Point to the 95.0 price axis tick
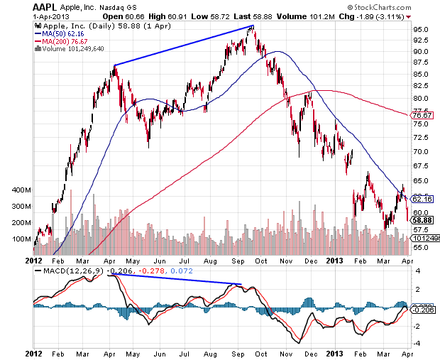click(422, 29)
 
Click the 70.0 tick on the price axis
click(422, 152)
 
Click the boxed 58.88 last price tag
click(423, 221)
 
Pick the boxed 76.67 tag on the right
click(423, 115)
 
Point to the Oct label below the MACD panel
click(261, 353)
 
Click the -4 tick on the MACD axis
click(418, 344)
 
